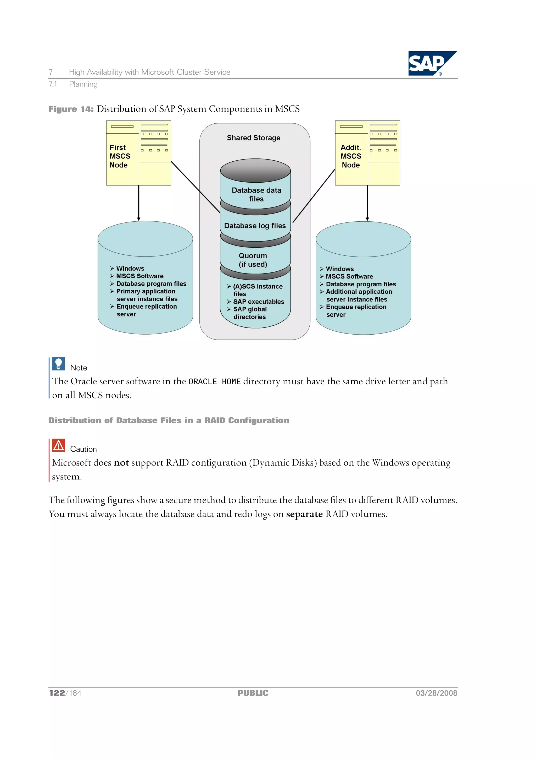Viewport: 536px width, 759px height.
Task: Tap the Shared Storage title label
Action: point(253,138)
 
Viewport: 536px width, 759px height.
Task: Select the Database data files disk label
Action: point(256,194)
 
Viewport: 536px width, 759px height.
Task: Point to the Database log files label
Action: point(255,226)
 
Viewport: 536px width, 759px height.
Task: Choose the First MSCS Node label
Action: point(120,156)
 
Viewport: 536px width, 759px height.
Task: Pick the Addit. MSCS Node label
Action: point(351,156)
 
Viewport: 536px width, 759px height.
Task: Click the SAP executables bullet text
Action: point(258,302)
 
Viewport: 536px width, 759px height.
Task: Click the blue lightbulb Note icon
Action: point(58,364)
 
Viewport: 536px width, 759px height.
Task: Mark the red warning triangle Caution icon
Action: point(58,445)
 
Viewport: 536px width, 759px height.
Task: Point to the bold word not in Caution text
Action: point(121,463)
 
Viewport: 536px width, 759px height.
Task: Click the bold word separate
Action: point(304,514)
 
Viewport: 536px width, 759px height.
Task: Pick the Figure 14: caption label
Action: point(71,109)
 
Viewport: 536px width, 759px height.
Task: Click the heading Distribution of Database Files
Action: point(169,421)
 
